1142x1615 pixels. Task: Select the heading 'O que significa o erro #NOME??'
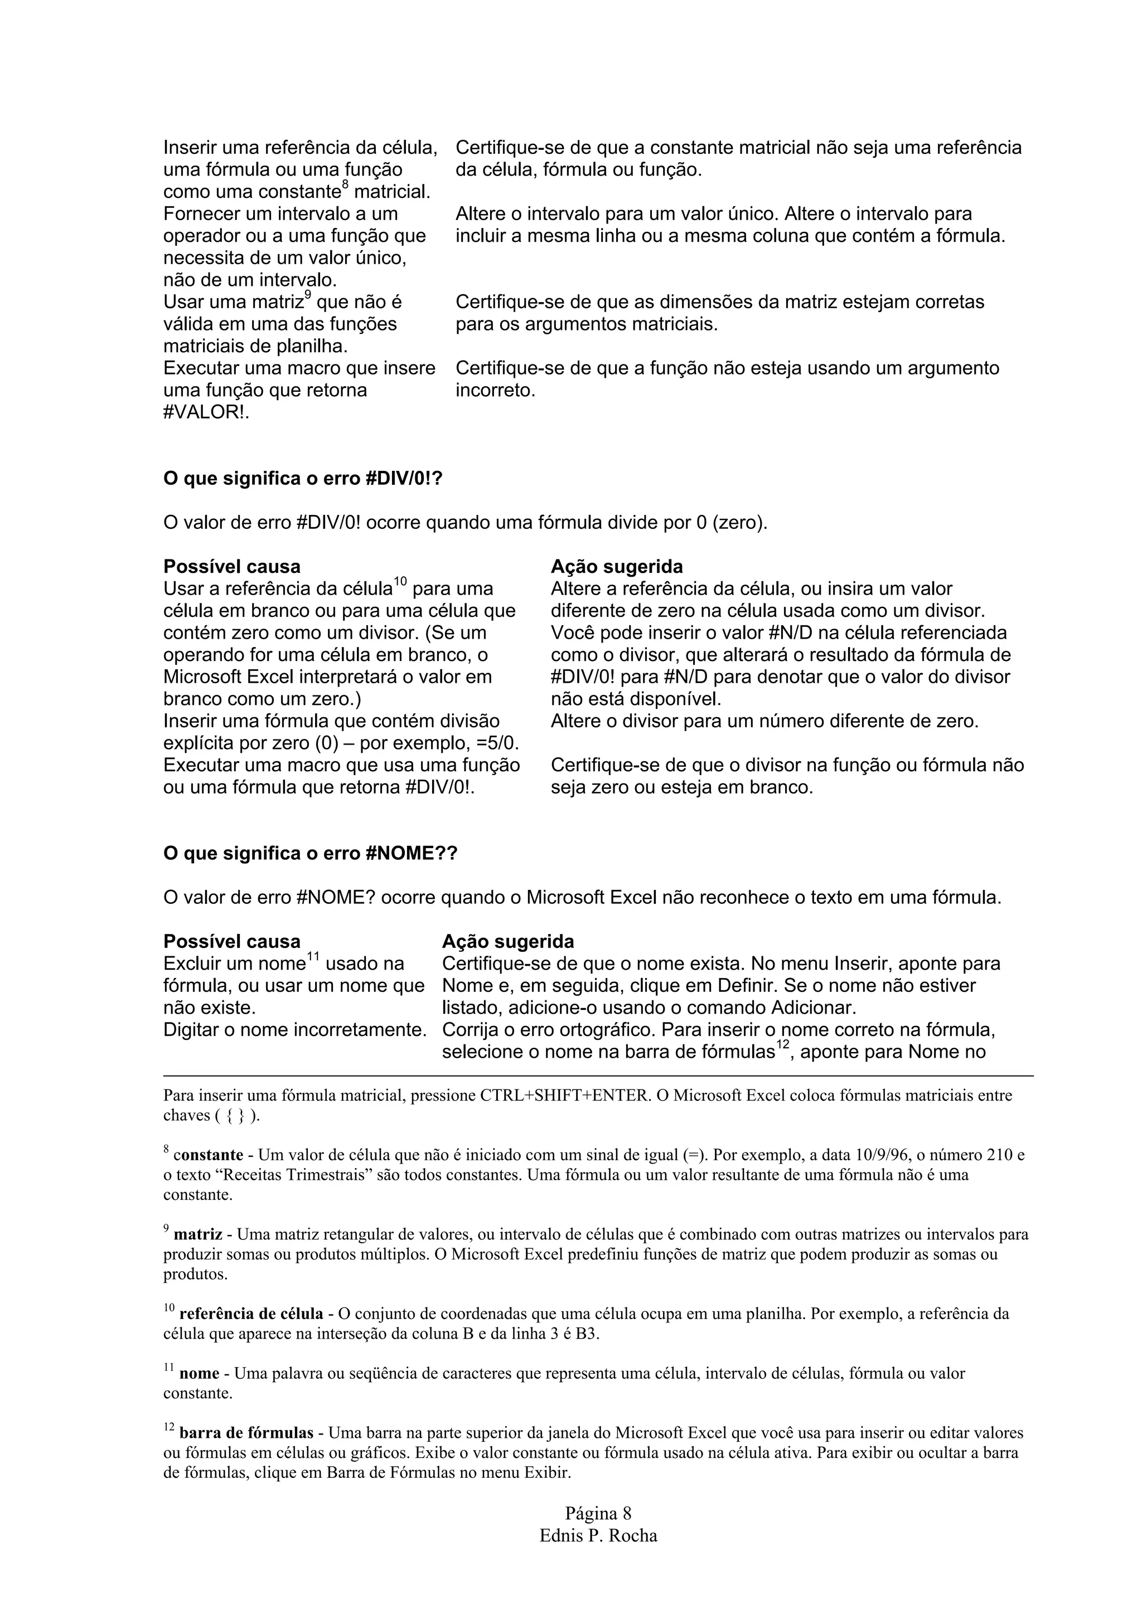[x=309, y=853]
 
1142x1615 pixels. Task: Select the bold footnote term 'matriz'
[x=198, y=1234]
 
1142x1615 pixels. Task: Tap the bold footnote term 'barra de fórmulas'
[x=246, y=1433]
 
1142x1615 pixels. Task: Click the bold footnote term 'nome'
[x=199, y=1373]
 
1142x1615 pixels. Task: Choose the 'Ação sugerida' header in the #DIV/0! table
[x=616, y=566]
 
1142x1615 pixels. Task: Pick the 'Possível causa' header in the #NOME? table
[x=231, y=941]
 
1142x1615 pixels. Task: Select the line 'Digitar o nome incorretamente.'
[x=295, y=1030]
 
